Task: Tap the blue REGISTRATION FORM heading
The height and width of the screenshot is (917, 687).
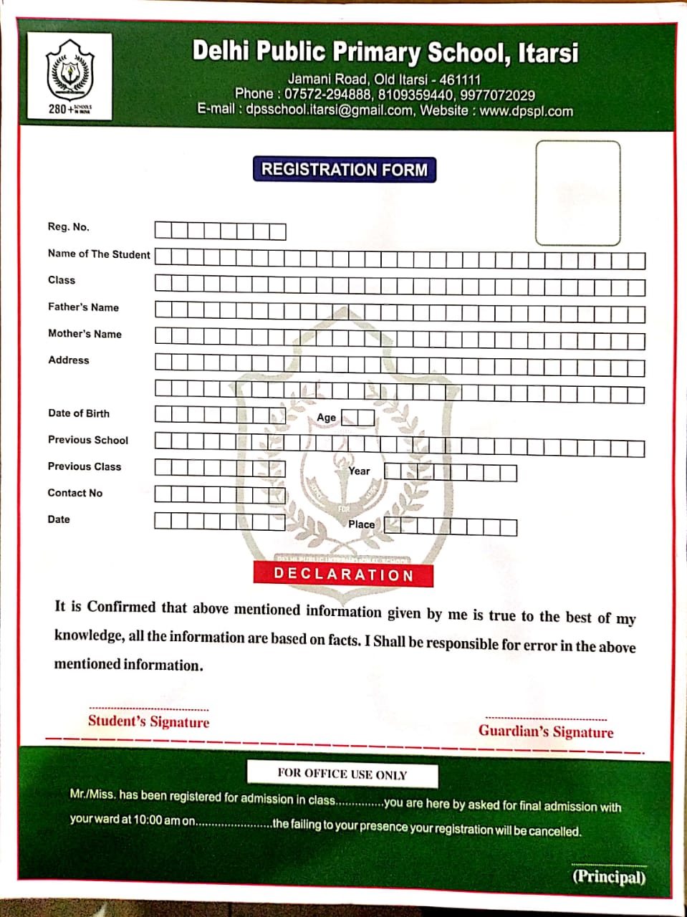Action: coord(344,170)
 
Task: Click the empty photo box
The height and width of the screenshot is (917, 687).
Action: coord(577,193)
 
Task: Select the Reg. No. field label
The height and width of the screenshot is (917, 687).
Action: coord(69,227)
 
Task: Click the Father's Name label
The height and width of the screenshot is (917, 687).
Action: coord(83,307)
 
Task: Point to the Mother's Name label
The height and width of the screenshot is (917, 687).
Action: coord(85,334)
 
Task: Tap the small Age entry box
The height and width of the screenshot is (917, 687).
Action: coord(357,418)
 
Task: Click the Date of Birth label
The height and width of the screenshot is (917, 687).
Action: coord(79,413)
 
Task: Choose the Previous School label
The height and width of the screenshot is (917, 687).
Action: coord(88,440)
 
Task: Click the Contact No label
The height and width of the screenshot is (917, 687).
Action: coord(75,493)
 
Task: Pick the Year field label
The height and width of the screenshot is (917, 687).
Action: coord(359,471)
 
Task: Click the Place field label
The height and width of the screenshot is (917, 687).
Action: coord(361,524)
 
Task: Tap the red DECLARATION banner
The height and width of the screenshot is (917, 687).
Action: coord(343,575)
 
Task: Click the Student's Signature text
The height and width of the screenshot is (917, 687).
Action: coord(149,721)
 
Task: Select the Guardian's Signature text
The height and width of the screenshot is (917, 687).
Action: coord(546,731)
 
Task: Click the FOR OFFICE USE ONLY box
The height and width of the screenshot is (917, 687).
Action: coord(342,774)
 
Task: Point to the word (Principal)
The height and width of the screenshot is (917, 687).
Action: coord(609,877)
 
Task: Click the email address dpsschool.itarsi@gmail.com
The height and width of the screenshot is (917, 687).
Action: coord(330,111)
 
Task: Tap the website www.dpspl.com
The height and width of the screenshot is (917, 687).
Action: coord(526,112)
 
